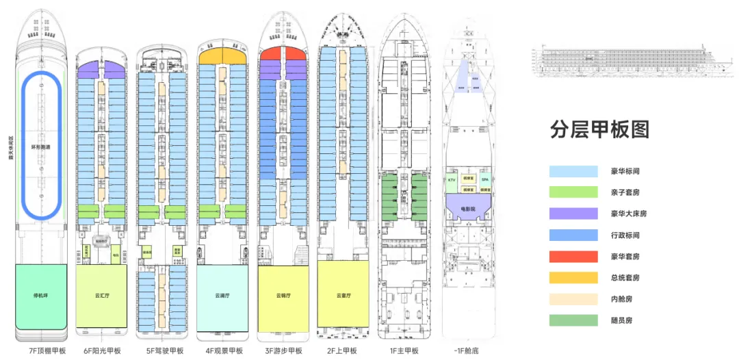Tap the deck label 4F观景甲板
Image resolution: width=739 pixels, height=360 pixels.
pyautogui.click(x=223, y=351)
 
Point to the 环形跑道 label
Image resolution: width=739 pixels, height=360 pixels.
pyautogui.click(x=41, y=147)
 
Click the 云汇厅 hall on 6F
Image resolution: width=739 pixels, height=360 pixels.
pyautogui.click(x=101, y=297)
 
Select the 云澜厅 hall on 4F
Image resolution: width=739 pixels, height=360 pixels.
pyautogui.click(x=223, y=297)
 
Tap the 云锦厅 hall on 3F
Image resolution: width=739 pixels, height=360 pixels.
pyautogui.click(x=284, y=297)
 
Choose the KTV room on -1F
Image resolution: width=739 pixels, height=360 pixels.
pyautogui.click(x=452, y=180)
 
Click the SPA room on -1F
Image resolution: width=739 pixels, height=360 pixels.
pyautogui.click(x=485, y=179)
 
